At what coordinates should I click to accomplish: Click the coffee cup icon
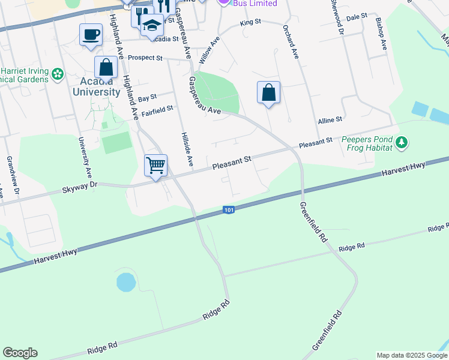pyautogui.click(x=91, y=34)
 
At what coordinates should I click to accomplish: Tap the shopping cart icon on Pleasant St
pyautogui.click(x=155, y=164)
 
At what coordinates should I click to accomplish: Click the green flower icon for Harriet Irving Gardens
pyautogui.click(x=58, y=74)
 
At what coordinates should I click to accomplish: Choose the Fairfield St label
pyautogui.click(x=157, y=109)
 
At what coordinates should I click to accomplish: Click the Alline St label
pyautogui.click(x=330, y=120)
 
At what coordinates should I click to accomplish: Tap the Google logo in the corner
pyautogui.click(x=20, y=353)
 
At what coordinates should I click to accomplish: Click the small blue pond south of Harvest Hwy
pyautogui.click(x=125, y=281)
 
